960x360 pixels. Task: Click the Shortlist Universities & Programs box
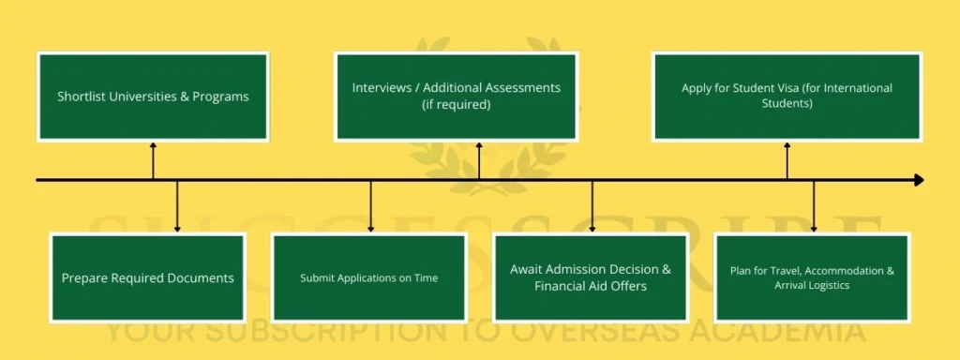[153, 97]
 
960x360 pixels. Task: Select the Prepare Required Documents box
[147, 277]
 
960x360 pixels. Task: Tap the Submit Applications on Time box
[368, 277]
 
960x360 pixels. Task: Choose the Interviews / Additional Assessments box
[456, 97]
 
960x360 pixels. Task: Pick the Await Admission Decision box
[591, 277]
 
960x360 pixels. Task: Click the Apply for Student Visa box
[787, 97]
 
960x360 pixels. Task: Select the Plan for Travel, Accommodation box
[812, 277]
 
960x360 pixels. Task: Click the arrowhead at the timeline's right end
[918, 180]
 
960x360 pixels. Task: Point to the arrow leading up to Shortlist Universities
[153, 160]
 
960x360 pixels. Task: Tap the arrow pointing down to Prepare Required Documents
[177, 205]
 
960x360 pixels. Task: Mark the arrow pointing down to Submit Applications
[371, 205]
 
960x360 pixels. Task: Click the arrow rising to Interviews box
[479, 160]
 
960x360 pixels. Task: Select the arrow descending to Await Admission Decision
[592, 205]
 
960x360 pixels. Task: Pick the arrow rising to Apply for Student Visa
[787, 160]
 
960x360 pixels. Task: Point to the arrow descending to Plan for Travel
[814, 205]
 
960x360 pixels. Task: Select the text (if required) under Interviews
[456, 105]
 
